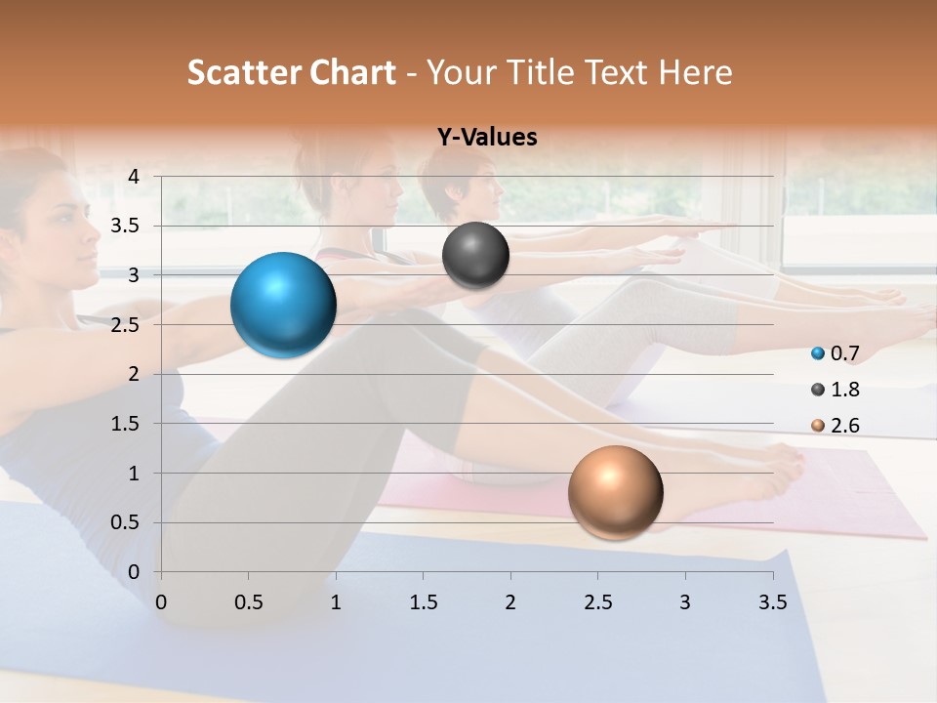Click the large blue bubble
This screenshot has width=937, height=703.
284,305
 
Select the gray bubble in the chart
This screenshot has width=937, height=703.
475,256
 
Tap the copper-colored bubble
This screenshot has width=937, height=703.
615,492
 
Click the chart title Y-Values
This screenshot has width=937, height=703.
487,138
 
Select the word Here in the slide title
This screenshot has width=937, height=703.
695,72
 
